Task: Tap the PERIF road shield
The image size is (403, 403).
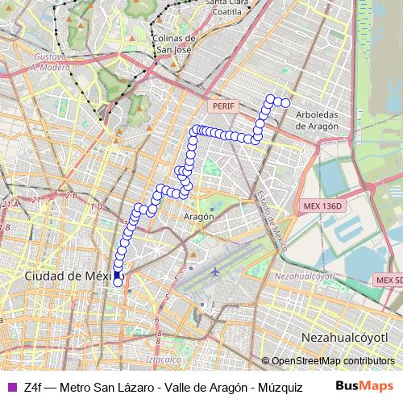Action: pos(221,106)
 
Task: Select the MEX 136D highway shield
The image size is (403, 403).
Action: pos(323,206)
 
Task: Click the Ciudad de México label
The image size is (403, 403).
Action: pos(68,276)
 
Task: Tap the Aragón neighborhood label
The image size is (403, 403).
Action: pos(199,216)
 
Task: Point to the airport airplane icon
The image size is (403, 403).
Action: pos(215,271)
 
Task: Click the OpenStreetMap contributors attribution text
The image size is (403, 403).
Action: pos(332,361)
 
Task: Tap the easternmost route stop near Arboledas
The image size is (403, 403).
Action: pos(285,102)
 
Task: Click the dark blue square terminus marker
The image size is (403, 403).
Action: pos(117,275)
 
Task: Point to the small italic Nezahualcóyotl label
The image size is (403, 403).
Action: pos(305,275)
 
